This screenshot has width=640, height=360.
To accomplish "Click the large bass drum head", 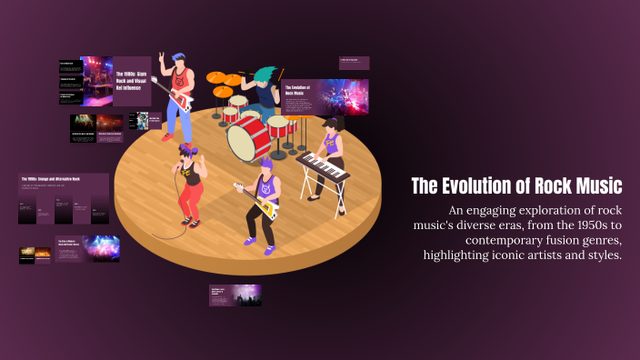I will tap(248, 138).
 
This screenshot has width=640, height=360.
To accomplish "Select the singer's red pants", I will tap(191, 196).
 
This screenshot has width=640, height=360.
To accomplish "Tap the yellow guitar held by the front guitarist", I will tap(262, 205).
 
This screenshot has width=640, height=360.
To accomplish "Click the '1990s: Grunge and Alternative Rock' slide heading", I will tap(52, 179).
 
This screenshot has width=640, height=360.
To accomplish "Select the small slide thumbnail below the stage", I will tap(235, 295).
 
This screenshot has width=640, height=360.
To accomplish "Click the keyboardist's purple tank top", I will tap(331, 144).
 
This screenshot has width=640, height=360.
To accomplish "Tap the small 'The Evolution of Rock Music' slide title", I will tap(297, 90).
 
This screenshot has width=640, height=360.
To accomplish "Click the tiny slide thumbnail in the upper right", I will tap(354, 63).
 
